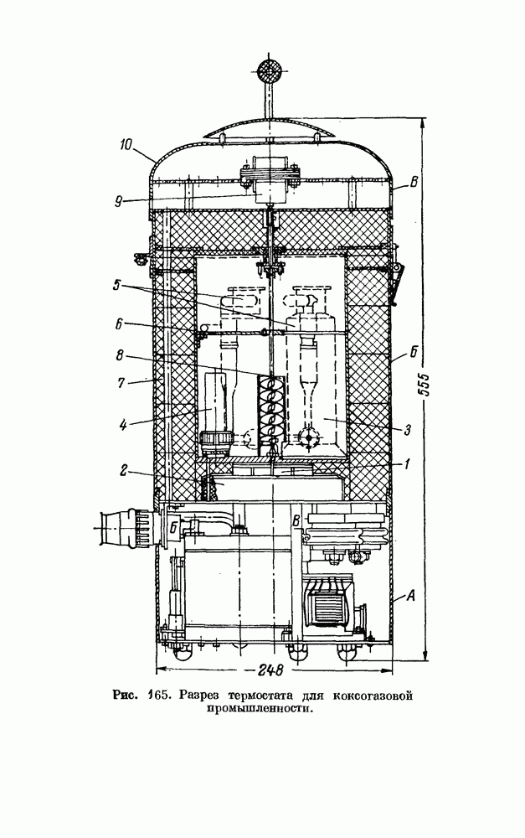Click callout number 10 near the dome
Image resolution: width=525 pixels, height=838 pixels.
[126, 144]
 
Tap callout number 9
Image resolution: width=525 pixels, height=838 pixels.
[118, 201]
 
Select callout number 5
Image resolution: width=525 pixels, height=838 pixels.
[117, 286]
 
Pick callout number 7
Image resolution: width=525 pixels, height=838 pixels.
[122, 383]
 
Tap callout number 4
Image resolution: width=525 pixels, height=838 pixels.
[123, 425]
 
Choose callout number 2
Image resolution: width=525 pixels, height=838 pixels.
[123, 472]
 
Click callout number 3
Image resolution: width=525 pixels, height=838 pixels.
[407, 429]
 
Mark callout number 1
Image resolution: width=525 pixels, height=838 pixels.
[407, 464]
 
